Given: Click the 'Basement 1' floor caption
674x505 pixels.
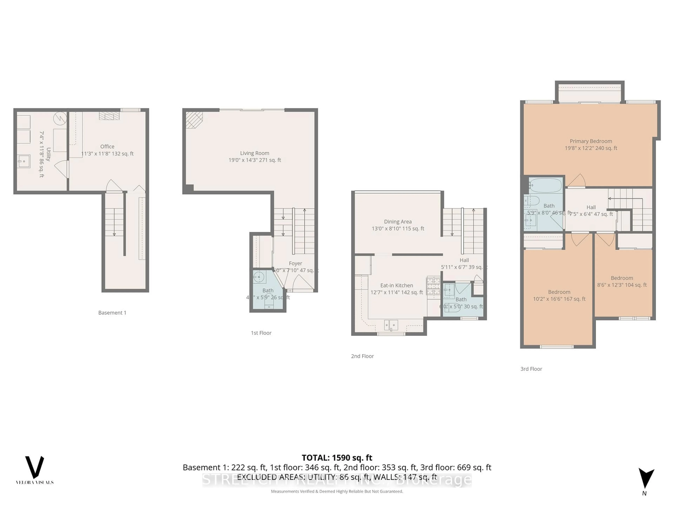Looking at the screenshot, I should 112,313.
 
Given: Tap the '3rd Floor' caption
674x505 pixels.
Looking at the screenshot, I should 531,369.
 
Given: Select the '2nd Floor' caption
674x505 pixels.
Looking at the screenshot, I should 362,356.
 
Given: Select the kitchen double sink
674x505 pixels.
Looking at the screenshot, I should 391,325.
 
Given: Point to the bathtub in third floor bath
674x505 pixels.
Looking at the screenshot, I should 545,185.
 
